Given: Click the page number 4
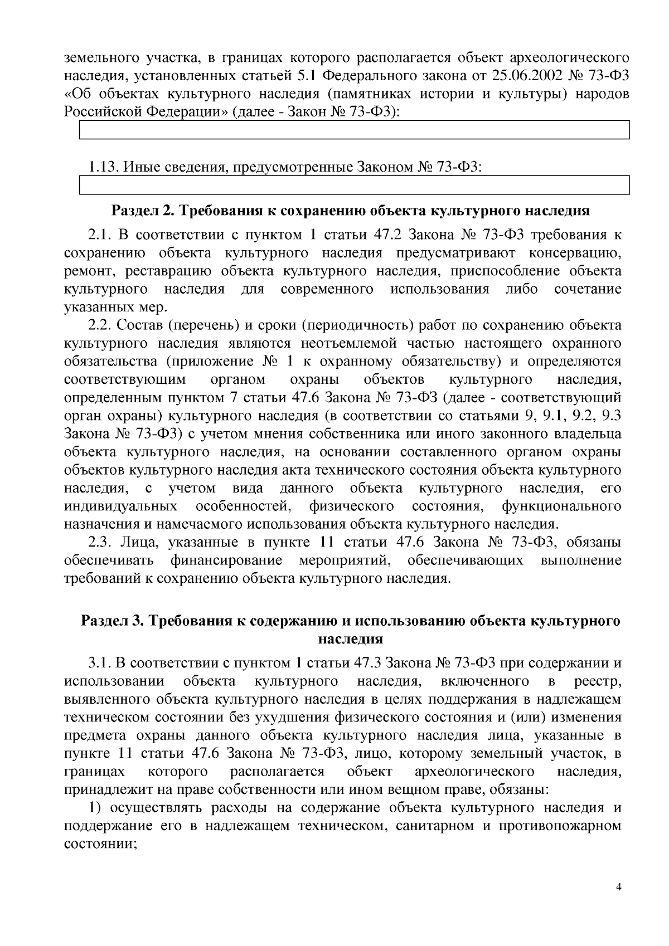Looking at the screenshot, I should click(x=618, y=888).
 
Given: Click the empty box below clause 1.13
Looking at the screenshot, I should click(x=354, y=185).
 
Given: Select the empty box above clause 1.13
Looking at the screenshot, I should click(x=354, y=130).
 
